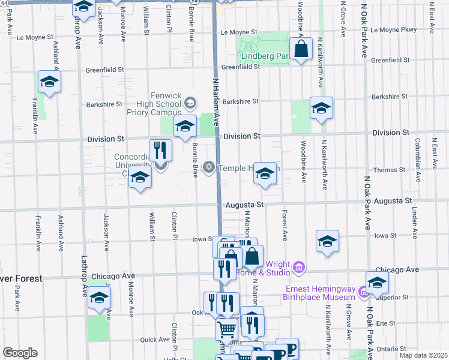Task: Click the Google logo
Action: coord(20,353)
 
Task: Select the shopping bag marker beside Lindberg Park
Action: coord(301,50)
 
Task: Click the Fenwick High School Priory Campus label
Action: coord(154,103)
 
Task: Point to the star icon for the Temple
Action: coord(209,166)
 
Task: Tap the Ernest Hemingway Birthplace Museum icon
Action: coord(363,292)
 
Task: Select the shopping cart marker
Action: coord(226,329)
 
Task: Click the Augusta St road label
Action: coord(244,205)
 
